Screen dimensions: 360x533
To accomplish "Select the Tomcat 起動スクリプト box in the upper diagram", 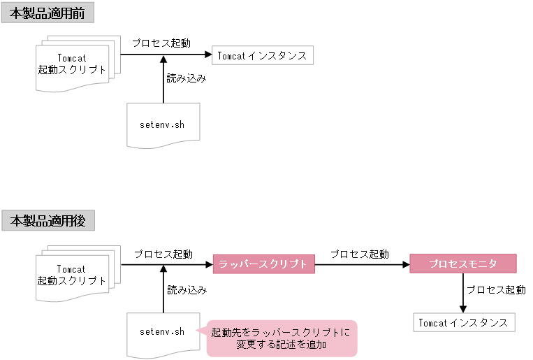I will (x=73, y=64).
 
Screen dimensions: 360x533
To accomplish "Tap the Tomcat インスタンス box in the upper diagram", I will (x=263, y=56).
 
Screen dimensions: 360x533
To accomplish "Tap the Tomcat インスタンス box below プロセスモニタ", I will (x=464, y=323).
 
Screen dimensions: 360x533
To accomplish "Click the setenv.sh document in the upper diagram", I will (x=163, y=125).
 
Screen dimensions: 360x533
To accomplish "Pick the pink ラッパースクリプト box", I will (x=263, y=264).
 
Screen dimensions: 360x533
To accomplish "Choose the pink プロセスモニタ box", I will (x=462, y=264).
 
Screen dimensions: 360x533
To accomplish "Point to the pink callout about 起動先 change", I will (x=282, y=338).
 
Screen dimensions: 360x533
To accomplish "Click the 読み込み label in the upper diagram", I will (x=187, y=79).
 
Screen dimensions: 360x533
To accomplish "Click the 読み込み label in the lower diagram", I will (x=187, y=289).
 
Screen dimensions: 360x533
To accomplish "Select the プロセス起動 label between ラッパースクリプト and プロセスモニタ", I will (x=360, y=254).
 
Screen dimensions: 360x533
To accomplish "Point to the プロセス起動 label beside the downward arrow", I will (x=496, y=289).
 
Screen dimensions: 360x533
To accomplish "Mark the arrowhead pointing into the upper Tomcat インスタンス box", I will (x=207, y=54).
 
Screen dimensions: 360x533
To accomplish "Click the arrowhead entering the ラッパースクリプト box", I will (x=208, y=264).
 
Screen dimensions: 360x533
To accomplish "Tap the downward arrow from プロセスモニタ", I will (x=462, y=294).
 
